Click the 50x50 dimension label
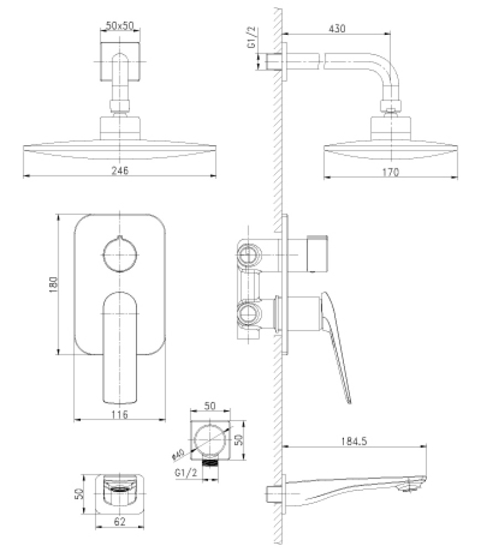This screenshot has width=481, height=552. [119, 26]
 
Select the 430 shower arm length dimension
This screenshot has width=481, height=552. [337, 29]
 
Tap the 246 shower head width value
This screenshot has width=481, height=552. [119, 171]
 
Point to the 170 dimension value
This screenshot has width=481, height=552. [390, 172]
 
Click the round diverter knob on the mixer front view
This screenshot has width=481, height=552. [119, 254]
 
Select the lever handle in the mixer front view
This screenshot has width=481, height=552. [119, 348]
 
